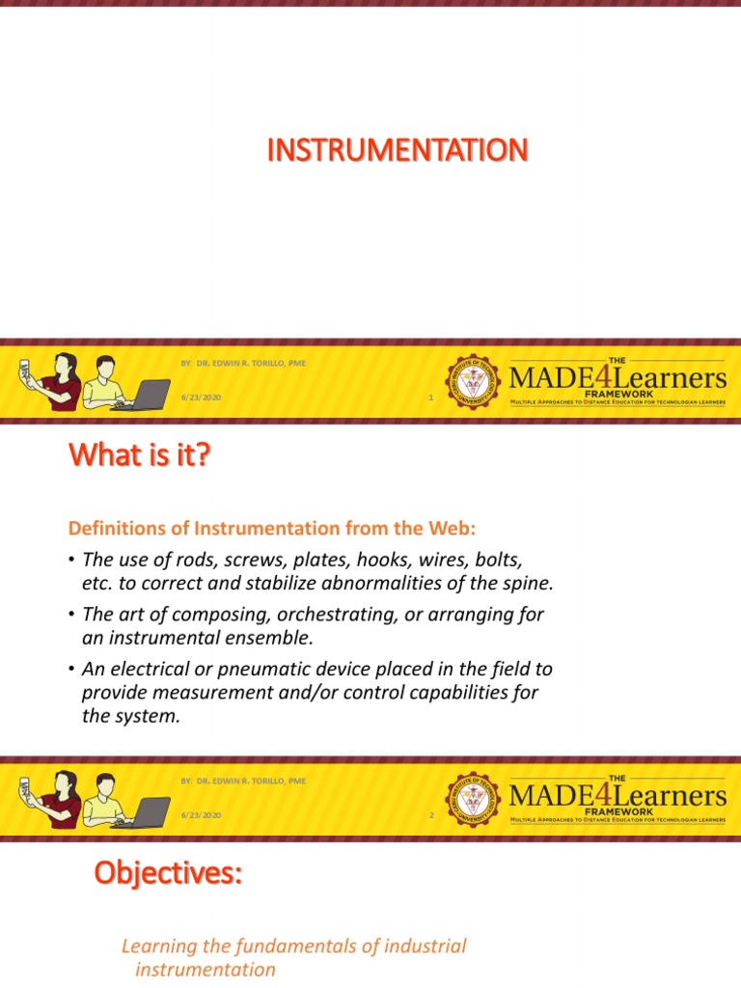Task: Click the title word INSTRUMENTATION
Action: point(397,151)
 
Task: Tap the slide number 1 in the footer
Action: point(430,398)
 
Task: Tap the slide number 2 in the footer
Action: point(432,816)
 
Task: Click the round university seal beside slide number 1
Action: point(474,380)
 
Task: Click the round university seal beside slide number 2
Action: point(474,798)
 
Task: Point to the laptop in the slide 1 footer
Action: point(140,394)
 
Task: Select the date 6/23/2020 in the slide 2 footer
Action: point(201,816)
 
